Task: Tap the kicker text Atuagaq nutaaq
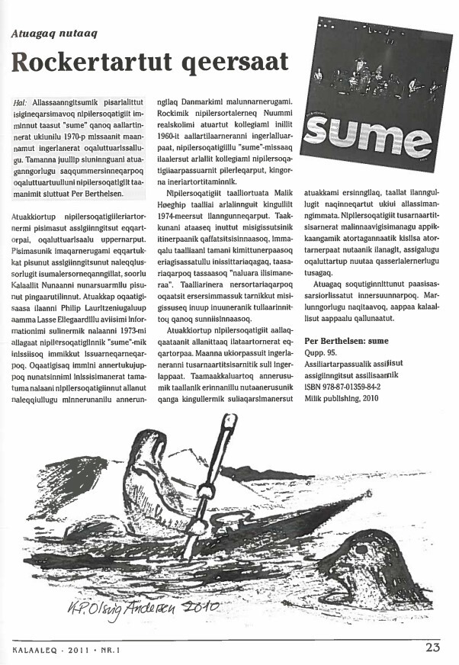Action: (x=53, y=32)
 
